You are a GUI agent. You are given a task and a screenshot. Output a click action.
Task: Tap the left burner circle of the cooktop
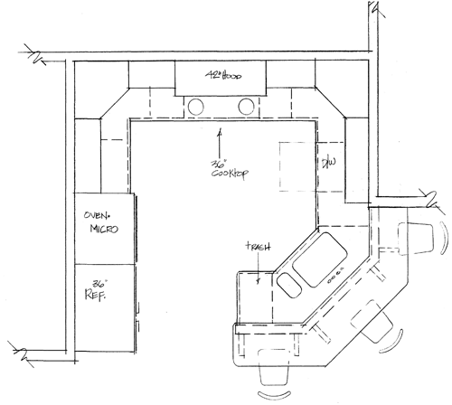click(196, 107)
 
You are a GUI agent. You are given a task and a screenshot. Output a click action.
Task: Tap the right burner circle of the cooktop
click(244, 107)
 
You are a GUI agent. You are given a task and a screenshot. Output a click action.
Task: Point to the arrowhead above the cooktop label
click(220, 130)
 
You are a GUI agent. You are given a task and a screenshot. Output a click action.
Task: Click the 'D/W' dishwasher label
click(329, 163)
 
